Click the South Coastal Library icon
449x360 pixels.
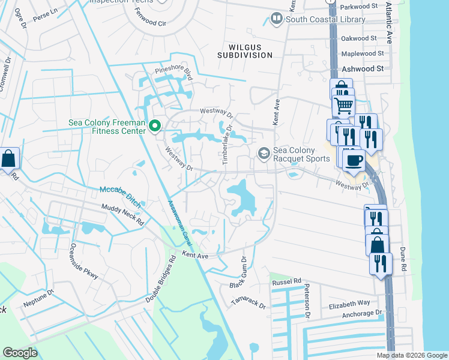tap(277, 19)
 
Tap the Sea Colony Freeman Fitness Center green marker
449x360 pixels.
tap(155, 126)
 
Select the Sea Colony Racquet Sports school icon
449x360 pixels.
tap(263, 154)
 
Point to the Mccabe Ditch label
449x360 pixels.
tap(120, 197)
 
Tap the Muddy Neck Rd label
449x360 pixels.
tap(124, 214)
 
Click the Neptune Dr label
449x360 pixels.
tap(38, 302)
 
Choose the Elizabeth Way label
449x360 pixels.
tap(349, 304)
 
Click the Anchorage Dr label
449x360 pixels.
tap(361, 313)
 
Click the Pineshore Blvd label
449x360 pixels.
tap(172, 74)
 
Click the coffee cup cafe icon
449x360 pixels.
tap(354, 160)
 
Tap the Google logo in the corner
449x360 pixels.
tap(20, 353)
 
